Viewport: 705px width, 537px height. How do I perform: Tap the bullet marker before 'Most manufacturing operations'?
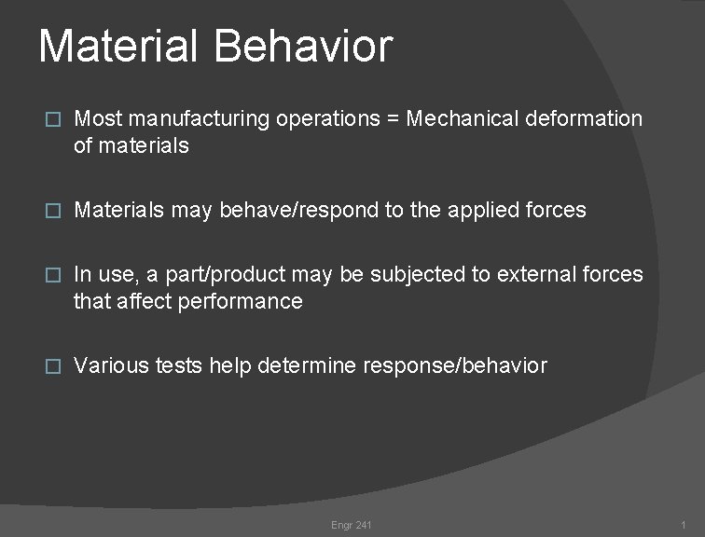(x=53, y=119)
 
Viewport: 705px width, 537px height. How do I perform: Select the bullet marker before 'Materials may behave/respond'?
(x=53, y=211)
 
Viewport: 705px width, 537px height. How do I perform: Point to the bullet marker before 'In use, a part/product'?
(x=53, y=275)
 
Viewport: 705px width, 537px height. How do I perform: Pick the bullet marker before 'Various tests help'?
(x=53, y=366)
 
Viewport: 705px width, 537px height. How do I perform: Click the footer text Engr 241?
(x=352, y=526)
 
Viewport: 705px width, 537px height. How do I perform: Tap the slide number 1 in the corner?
(x=684, y=526)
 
